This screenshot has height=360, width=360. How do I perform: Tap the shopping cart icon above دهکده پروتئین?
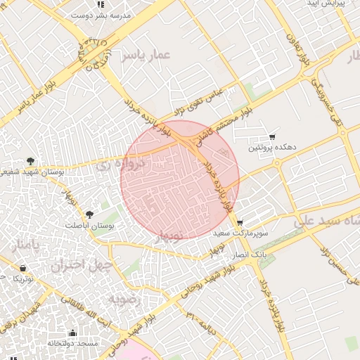272,136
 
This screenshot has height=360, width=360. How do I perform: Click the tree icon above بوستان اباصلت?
89,215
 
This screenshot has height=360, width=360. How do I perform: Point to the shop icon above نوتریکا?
23,268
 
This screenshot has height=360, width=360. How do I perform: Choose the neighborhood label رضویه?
124,299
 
